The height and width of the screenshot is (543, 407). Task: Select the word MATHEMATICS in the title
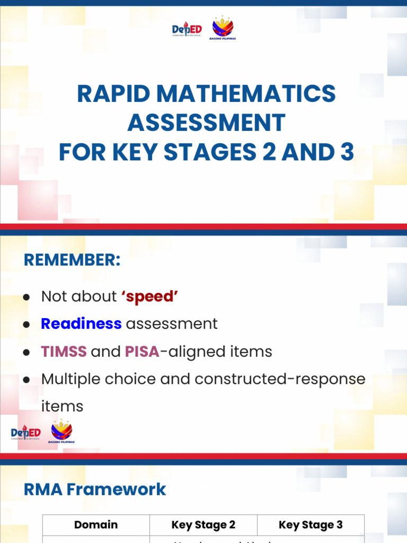pos(247,94)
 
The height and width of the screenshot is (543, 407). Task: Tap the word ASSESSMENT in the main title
pos(206,123)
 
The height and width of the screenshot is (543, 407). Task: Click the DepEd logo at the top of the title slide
pos(187,30)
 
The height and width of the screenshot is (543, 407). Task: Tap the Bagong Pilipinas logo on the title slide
pos(223,29)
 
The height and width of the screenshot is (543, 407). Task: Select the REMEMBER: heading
pos(72,261)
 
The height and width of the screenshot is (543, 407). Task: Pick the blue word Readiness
pos(81,324)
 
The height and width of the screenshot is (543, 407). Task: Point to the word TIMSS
pos(64,352)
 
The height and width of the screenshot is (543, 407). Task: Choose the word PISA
pos(142,352)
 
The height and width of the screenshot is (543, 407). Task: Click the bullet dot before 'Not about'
pos(26,297)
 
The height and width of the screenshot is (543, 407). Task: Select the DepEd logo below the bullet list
pos(25,433)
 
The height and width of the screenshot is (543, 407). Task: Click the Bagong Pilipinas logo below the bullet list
pos(61,432)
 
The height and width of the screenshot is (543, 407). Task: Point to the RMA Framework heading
pos(95,489)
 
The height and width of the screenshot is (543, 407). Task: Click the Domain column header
pos(96,525)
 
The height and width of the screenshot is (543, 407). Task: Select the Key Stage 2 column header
pos(203,525)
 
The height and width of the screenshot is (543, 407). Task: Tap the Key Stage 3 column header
pos(311,525)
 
